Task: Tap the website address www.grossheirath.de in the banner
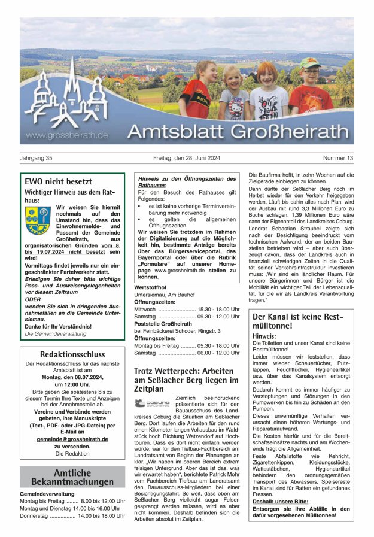67,135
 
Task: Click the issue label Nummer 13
338,158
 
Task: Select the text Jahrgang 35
37,158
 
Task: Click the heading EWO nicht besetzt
58,181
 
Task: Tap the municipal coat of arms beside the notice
38,220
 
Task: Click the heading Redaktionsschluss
72,354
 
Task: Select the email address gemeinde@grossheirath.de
72,439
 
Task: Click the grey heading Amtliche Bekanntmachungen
72,477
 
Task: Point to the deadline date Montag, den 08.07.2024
72,377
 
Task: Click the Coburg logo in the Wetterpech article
153,403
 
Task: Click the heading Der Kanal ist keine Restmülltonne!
298,321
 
